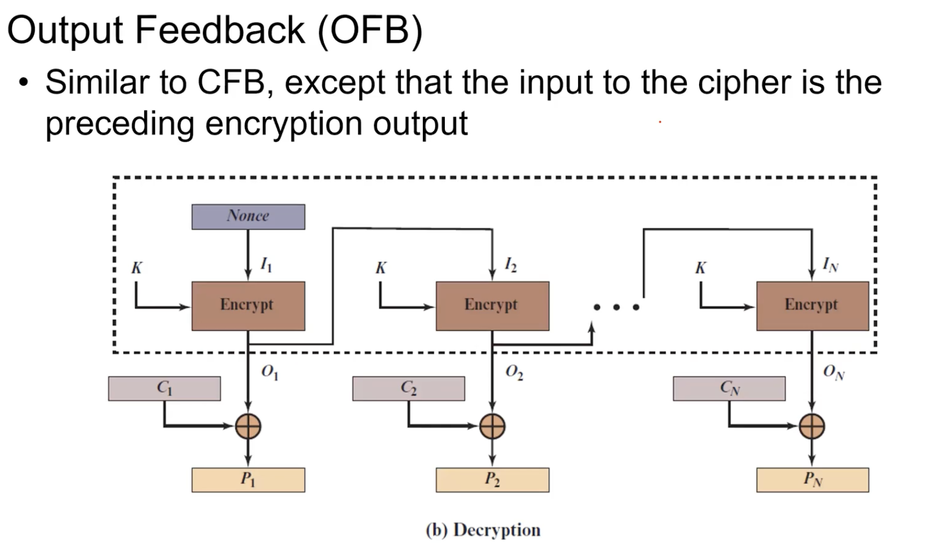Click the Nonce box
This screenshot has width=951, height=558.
point(248,216)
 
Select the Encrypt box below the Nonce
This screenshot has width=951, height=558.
point(248,306)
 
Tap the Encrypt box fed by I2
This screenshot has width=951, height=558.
point(492,306)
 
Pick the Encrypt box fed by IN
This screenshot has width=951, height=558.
point(812,306)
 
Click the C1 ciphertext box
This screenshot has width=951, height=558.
point(164,388)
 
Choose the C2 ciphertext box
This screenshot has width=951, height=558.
point(408,388)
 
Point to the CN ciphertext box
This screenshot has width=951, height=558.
point(729,388)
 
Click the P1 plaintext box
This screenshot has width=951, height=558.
point(248,480)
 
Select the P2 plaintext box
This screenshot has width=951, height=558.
point(492,480)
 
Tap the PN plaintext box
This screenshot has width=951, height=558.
point(812,480)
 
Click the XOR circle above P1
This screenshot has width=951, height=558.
point(248,427)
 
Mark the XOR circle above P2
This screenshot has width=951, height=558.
point(492,427)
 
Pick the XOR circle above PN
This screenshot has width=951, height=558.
point(812,427)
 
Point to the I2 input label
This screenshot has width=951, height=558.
point(510,265)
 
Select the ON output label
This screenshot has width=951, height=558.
point(833,372)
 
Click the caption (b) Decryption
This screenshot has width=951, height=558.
point(483,530)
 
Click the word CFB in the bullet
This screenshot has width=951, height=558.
point(231,82)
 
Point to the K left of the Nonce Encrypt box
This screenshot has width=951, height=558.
point(137,268)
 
